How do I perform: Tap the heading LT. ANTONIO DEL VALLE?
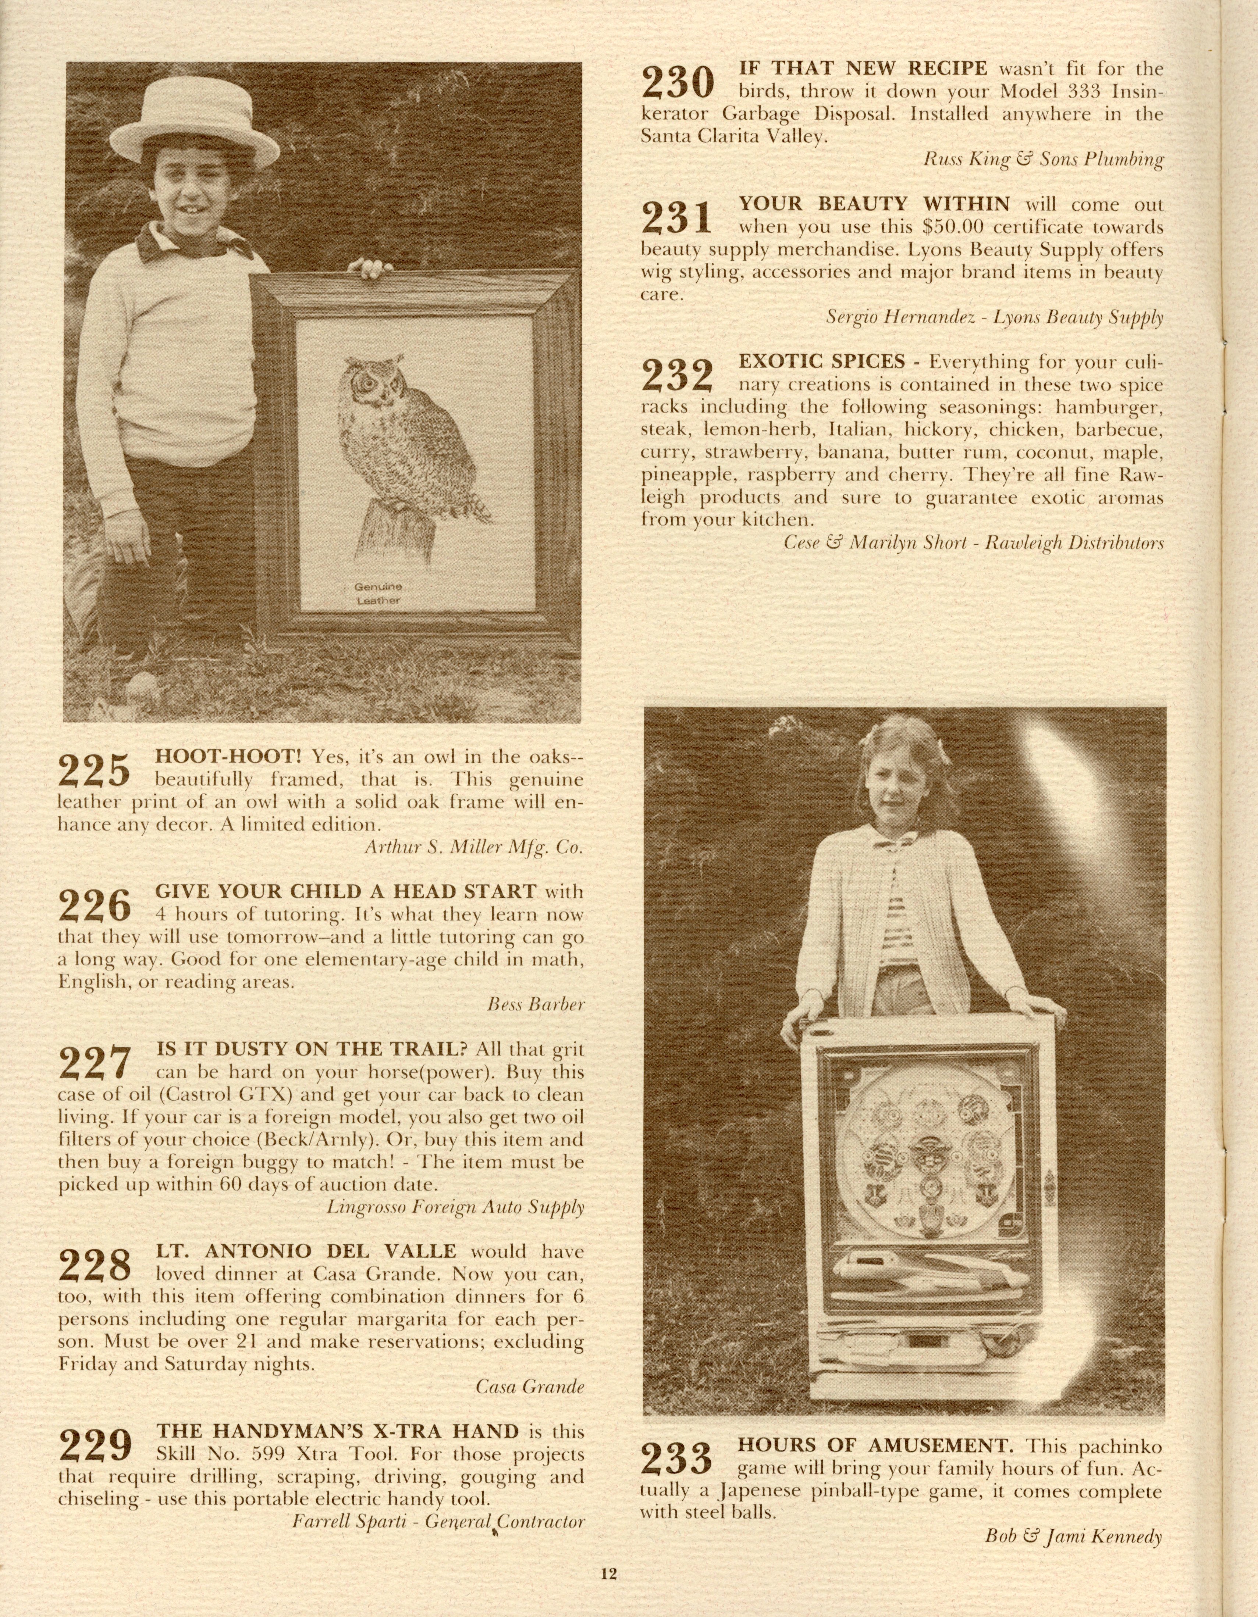306,1251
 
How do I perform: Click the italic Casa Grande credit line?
529,1387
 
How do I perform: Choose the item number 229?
94,1444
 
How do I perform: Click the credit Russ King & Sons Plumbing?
1042,159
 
